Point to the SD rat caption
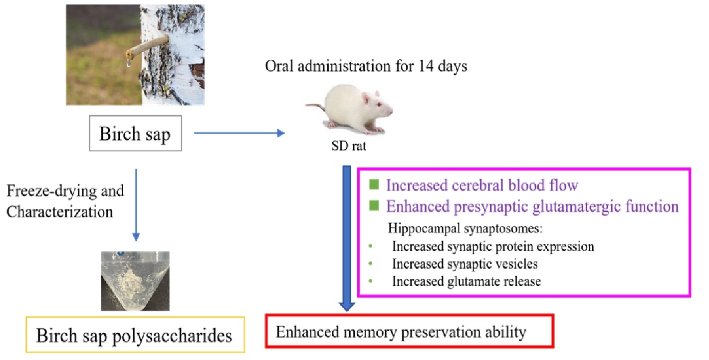(348, 146)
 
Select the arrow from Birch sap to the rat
(239, 133)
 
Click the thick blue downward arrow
(347, 238)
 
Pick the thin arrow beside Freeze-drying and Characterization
(136, 205)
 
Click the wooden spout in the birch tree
(147, 47)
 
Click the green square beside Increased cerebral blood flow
(374, 184)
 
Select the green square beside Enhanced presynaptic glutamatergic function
(374, 205)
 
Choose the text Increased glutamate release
(467, 281)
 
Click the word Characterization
(60, 211)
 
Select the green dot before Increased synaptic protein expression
(371, 246)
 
